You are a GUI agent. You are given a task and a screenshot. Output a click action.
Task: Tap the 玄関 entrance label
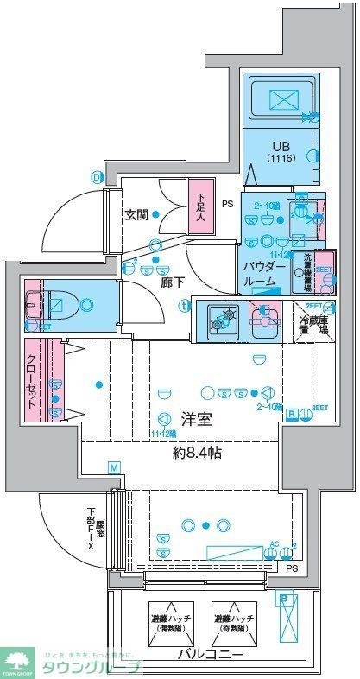(138, 216)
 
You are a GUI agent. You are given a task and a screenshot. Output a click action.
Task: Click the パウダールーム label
(260, 274)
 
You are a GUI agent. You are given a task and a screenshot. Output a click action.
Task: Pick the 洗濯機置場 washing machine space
(307, 270)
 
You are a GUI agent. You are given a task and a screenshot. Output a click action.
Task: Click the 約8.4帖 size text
(194, 452)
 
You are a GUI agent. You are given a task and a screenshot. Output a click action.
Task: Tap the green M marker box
(113, 467)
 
